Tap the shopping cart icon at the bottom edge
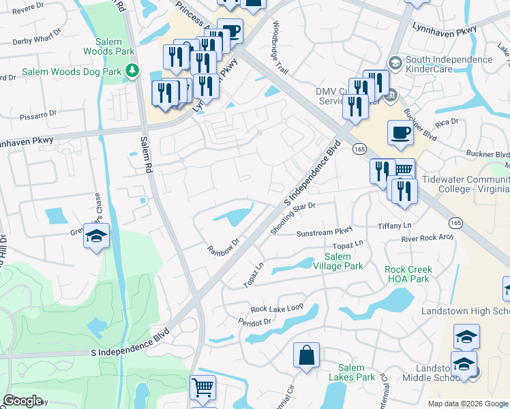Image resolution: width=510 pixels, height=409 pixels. point(202,387)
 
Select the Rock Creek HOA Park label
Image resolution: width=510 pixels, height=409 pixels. point(408,274)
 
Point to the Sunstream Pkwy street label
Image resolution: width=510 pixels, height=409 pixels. point(323,232)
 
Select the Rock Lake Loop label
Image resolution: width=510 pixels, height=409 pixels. point(276,308)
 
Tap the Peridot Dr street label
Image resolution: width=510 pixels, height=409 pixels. point(255,320)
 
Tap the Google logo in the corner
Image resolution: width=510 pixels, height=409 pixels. point(22,400)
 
